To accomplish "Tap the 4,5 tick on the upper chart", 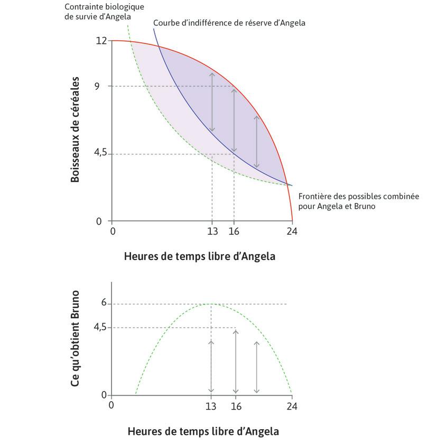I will [100, 153].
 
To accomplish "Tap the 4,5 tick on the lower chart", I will [100, 328].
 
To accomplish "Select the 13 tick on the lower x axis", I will [211, 406].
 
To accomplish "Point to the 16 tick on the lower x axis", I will [236, 406].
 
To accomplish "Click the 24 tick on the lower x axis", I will [292, 406].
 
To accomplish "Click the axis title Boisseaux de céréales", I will [75, 130].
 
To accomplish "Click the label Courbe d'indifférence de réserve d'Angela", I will [229, 23].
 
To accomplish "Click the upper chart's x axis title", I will [200, 257].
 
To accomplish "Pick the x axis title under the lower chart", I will [203, 431].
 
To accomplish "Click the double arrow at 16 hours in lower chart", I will [236, 361].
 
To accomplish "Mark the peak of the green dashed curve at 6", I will [211, 304].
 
